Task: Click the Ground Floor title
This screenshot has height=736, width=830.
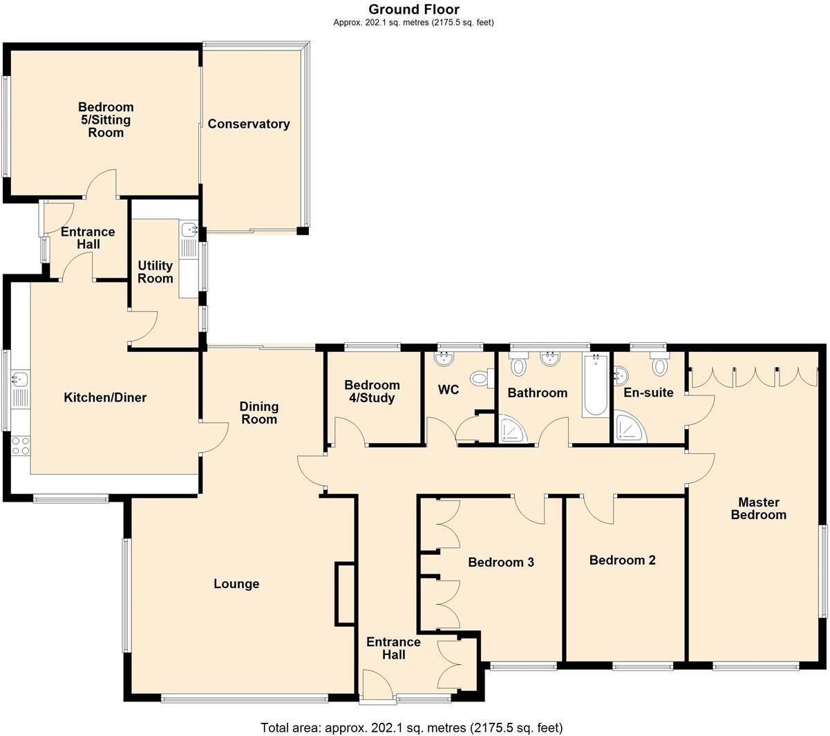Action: (x=413, y=9)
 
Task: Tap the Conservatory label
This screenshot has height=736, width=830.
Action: (x=248, y=124)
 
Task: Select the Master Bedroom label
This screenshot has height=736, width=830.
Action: (x=758, y=509)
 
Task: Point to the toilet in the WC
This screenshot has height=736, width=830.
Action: (x=480, y=378)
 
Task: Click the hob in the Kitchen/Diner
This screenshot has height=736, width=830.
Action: (x=20, y=446)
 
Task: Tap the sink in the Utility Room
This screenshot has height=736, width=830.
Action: (x=189, y=230)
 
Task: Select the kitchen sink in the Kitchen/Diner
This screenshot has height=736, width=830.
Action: (x=19, y=379)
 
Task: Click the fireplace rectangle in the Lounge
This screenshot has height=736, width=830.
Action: (x=345, y=594)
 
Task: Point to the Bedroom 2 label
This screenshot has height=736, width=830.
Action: (x=622, y=560)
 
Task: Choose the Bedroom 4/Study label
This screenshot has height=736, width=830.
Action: (x=372, y=392)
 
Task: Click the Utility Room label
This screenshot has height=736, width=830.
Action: (x=155, y=272)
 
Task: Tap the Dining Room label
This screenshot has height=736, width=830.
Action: (x=259, y=413)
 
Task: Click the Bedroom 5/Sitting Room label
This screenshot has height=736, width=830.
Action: (x=105, y=120)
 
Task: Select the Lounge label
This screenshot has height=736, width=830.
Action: (x=236, y=585)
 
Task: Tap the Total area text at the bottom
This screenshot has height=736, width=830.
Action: (x=412, y=728)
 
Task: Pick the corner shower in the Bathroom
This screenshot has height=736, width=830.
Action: (x=512, y=429)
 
